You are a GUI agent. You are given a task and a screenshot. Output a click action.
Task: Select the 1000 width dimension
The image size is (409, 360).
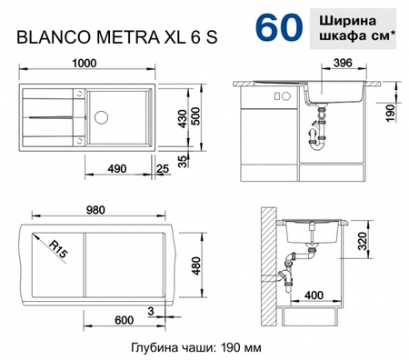click(86, 65)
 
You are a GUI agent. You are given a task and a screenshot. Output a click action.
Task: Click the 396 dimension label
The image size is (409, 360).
click(343, 65)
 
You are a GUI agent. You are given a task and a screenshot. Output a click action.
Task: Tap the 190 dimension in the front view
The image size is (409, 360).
click(388, 111)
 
